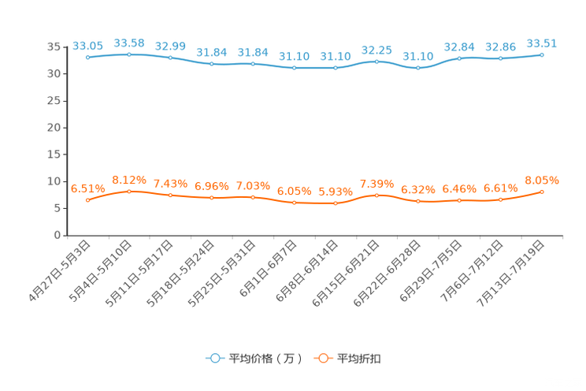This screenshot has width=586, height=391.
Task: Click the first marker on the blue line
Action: click(x=87, y=58)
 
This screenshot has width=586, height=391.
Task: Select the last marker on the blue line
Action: click(x=542, y=54)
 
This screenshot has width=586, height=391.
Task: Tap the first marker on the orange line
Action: click(x=87, y=201)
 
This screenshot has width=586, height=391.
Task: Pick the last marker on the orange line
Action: click(x=542, y=192)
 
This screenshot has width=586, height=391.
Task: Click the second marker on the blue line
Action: click(x=129, y=54)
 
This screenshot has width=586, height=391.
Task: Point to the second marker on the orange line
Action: click(x=129, y=191)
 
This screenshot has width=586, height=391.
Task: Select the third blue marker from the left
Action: click(x=170, y=58)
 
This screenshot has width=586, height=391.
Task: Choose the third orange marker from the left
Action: click(x=170, y=195)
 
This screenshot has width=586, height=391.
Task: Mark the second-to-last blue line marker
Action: click(x=500, y=59)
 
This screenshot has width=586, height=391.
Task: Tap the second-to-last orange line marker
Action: click(x=500, y=200)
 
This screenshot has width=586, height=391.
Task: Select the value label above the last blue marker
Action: click(x=542, y=43)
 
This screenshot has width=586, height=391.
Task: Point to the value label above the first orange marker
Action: click(x=87, y=188)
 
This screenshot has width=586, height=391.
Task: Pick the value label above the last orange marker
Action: click(x=542, y=181)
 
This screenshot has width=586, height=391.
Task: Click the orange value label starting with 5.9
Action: click(x=335, y=192)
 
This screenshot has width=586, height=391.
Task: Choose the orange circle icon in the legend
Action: click(x=322, y=359)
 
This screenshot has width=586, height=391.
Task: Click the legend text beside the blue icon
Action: click(x=265, y=359)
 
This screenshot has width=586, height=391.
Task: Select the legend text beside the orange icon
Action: click(x=360, y=359)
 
